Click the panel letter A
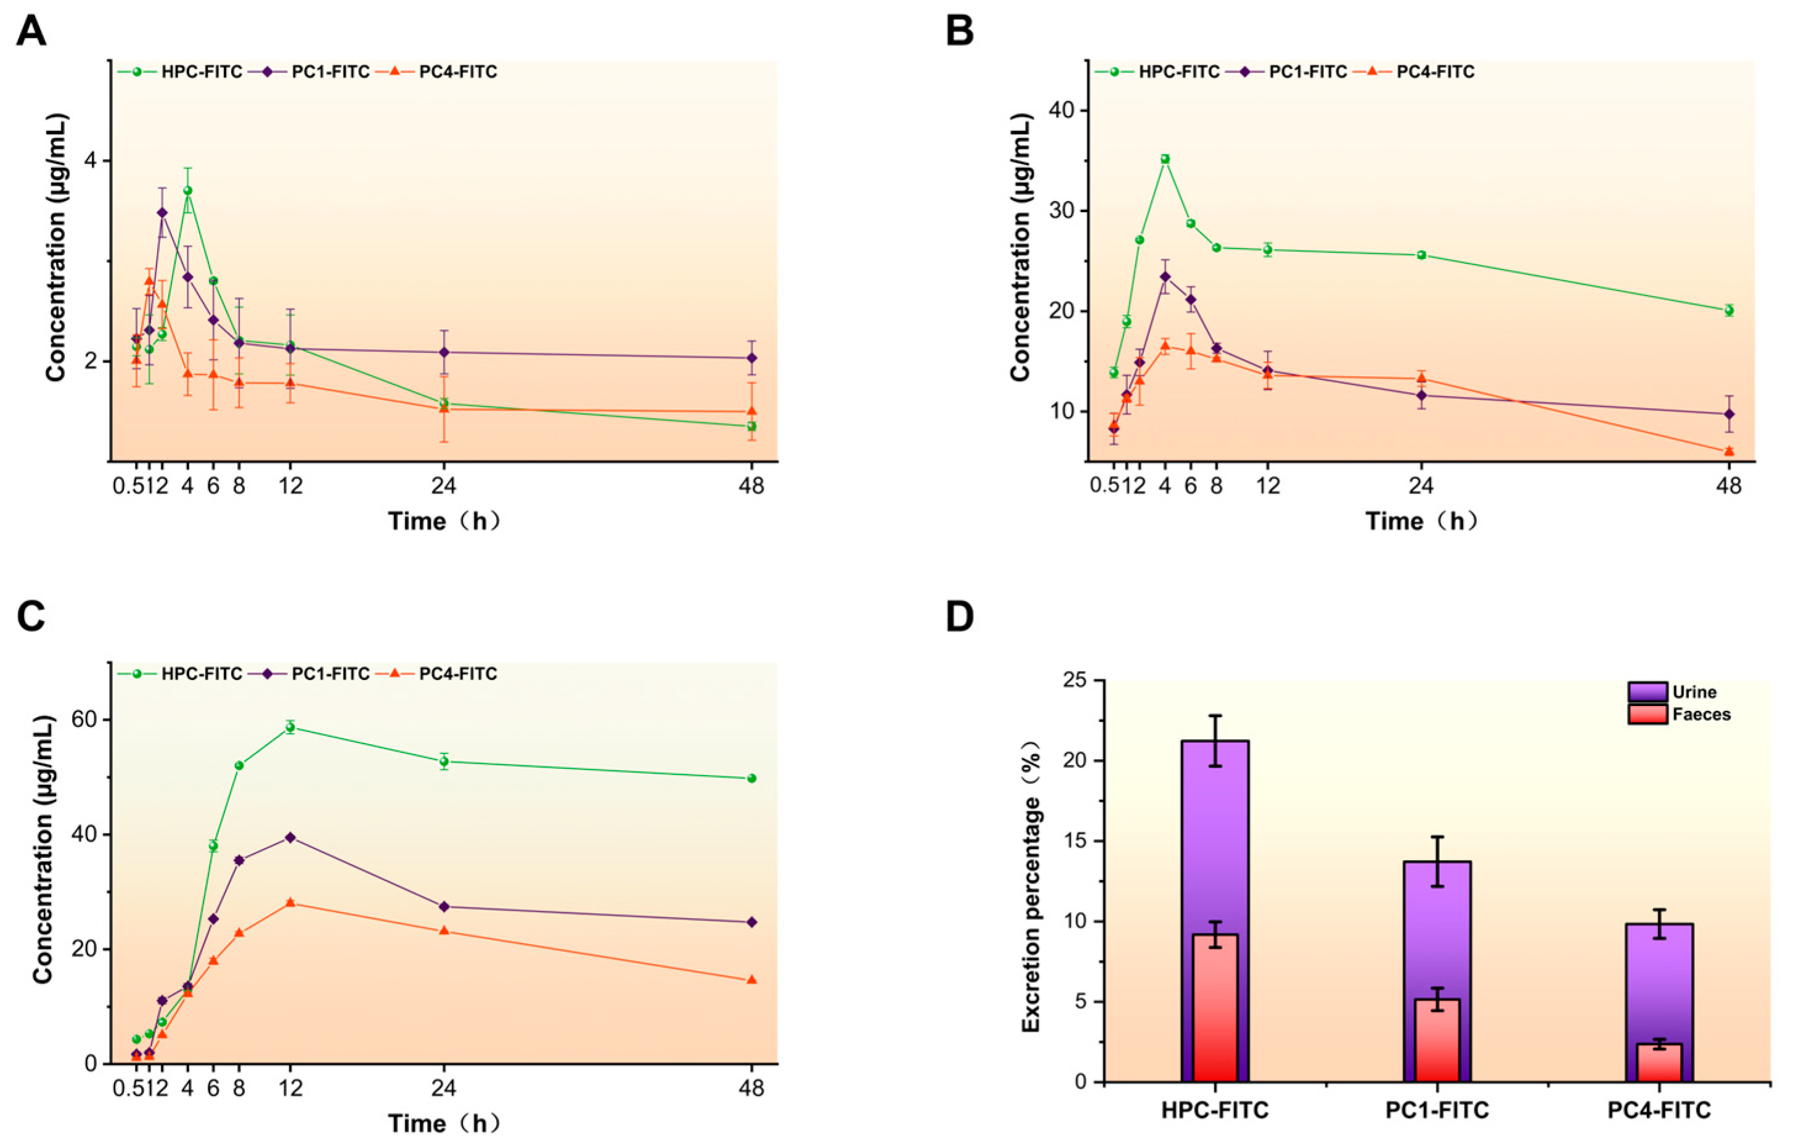point(31,31)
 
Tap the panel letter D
point(960,617)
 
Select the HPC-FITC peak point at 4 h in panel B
point(1166,158)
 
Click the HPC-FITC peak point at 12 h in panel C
point(290,727)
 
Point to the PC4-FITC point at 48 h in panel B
point(1729,451)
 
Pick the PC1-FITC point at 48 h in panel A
point(751,358)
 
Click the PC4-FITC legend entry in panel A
point(446,72)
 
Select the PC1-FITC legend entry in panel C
point(319,673)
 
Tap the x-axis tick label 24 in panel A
point(444,486)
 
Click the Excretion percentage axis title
point(1031,880)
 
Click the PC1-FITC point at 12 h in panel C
point(290,837)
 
